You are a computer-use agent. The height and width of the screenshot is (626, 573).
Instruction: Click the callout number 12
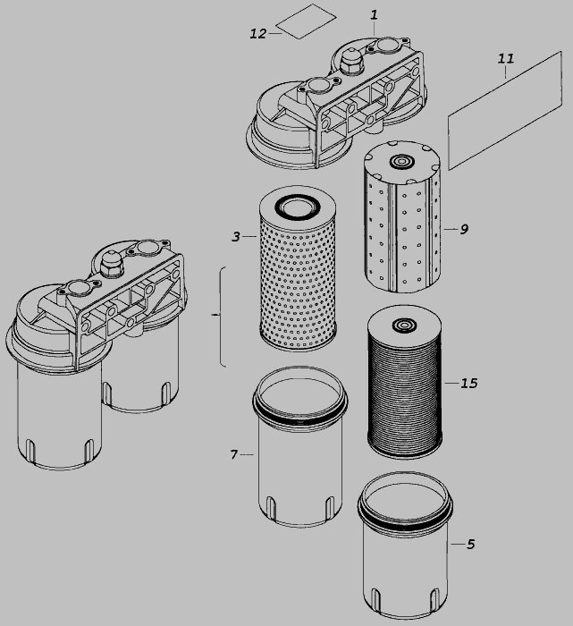(x=257, y=34)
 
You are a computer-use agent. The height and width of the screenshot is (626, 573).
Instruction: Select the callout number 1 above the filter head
(x=374, y=15)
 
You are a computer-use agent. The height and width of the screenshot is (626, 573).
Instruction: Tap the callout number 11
(x=506, y=59)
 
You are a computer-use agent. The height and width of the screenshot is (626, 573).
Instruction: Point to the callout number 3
(x=236, y=237)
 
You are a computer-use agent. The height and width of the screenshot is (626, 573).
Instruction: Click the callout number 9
(x=464, y=229)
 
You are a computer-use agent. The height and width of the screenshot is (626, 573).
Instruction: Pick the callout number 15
(x=468, y=384)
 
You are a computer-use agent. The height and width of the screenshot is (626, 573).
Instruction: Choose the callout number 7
(x=234, y=454)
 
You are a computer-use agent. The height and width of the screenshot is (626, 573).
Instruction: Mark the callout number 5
(x=471, y=544)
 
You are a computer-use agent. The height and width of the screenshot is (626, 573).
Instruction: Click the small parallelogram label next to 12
(x=307, y=21)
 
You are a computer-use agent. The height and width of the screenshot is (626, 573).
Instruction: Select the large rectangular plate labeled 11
(x=506, y=111)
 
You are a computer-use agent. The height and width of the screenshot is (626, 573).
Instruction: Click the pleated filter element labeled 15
(x=405, y=382)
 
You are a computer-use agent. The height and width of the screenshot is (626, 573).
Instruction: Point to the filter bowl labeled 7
(x=300, y=447)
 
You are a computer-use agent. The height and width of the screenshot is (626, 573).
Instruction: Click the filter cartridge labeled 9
(x=402, y=216)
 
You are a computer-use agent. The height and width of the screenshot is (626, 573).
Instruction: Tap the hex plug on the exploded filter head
(x=350, y=61)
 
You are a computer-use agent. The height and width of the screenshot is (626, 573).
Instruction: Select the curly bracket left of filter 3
(x=221, y=317)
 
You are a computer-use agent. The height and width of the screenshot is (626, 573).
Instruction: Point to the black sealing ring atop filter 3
(x=298, y=206)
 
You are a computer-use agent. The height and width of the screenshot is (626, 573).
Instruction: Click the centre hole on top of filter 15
(x=404, y=325)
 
